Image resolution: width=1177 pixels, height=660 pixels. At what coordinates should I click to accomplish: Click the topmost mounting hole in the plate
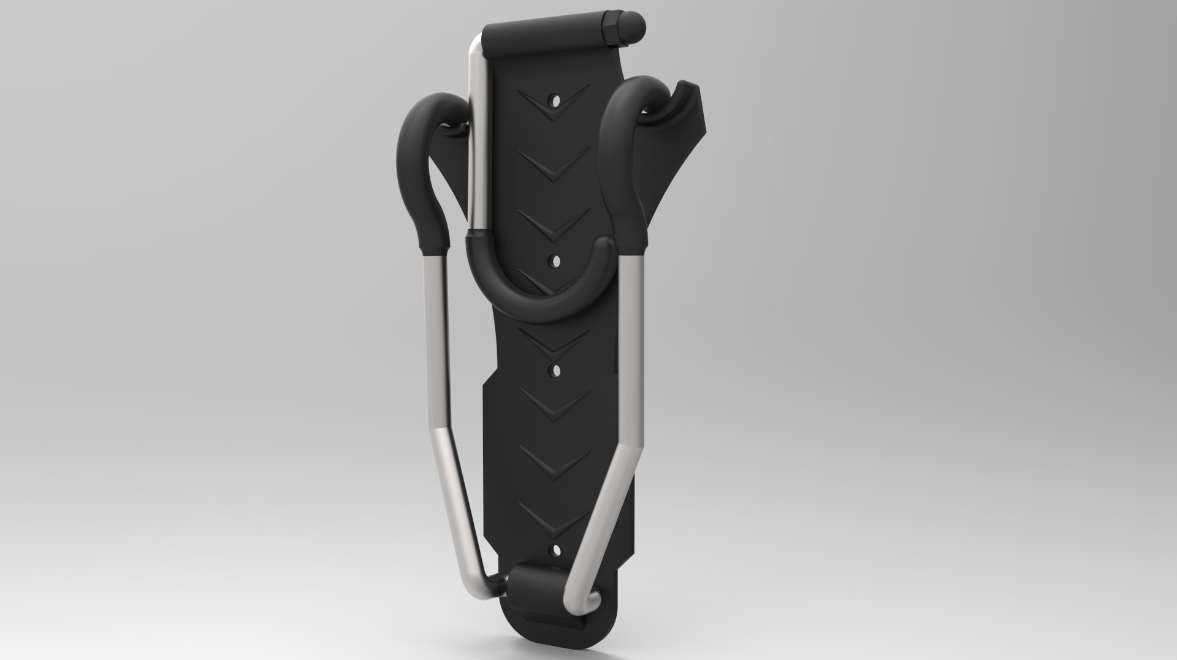tap(555, 99)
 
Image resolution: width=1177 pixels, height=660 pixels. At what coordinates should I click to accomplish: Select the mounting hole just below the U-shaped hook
tap(557, 370)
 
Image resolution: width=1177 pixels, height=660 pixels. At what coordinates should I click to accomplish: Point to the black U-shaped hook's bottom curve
tap(539, 309)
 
